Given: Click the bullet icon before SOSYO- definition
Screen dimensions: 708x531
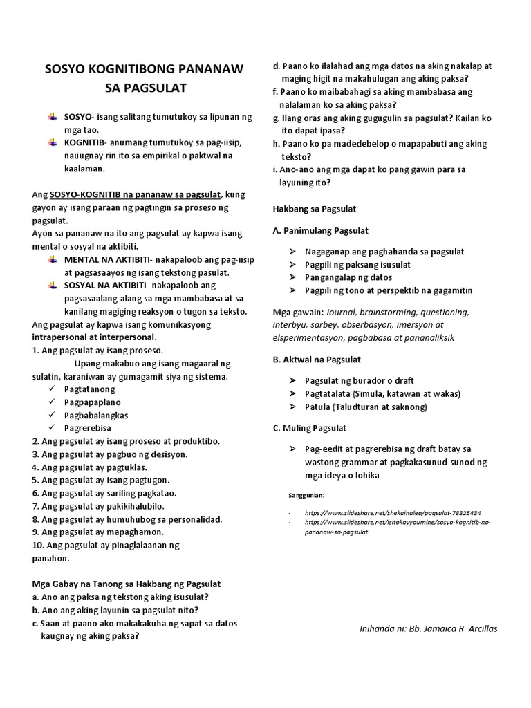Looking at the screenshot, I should (x=53, y=117).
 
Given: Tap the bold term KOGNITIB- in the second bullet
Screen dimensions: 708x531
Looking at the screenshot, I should (x=86, y=142).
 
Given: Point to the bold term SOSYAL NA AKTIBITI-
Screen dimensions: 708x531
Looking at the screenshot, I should (x=105, y=285).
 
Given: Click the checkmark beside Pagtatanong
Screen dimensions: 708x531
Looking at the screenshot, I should (x=53, y=389).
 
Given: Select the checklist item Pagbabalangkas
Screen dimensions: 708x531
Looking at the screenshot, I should (x=95, y=416).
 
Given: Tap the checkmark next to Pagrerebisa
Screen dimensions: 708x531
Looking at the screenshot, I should (x=53, y=428).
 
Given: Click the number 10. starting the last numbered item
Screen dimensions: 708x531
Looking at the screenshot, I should (x=39, y=545).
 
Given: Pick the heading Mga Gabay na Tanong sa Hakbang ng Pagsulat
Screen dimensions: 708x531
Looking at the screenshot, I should (x=127, y=584).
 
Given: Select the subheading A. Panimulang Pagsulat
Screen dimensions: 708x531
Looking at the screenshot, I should (x=321, y=230).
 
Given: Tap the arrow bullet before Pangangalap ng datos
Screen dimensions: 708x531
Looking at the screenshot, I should (x=292, y=277).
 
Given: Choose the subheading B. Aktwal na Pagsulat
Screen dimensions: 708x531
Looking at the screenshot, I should (x=317, y=360).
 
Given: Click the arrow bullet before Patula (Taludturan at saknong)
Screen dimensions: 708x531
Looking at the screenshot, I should (x=292, y=407).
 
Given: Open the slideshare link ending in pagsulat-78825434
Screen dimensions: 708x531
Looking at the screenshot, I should (x=393, y=513).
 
